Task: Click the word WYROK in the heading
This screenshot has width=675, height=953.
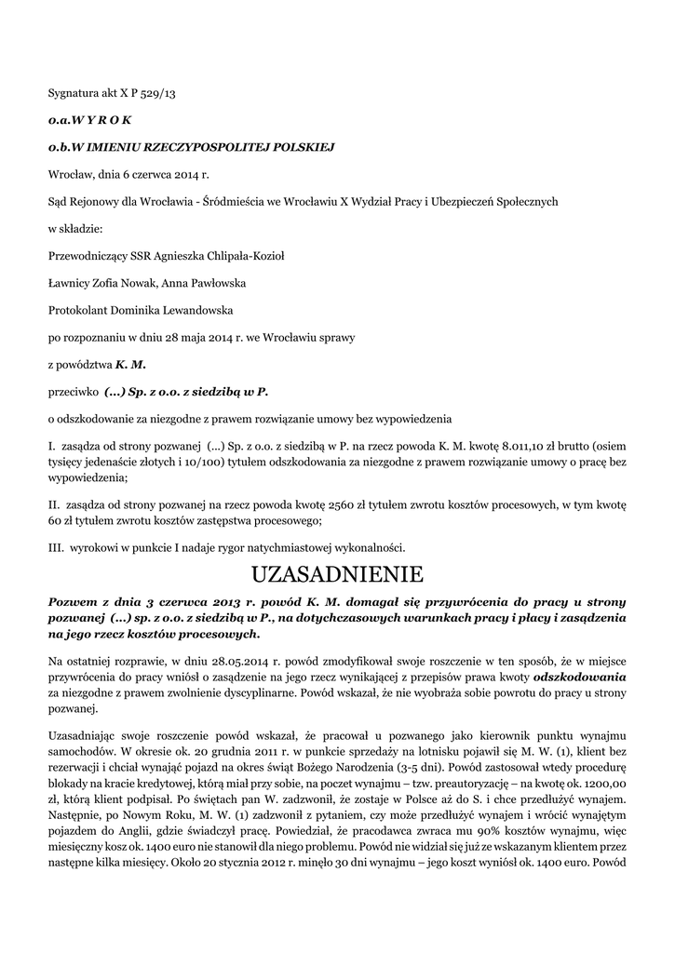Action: [x=104, y=120]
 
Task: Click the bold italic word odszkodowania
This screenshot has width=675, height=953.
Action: [x=585, y=677]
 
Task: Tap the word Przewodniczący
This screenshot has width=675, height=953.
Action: [x=91, y=256]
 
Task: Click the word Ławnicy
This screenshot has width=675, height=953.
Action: [x=66, y=283]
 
